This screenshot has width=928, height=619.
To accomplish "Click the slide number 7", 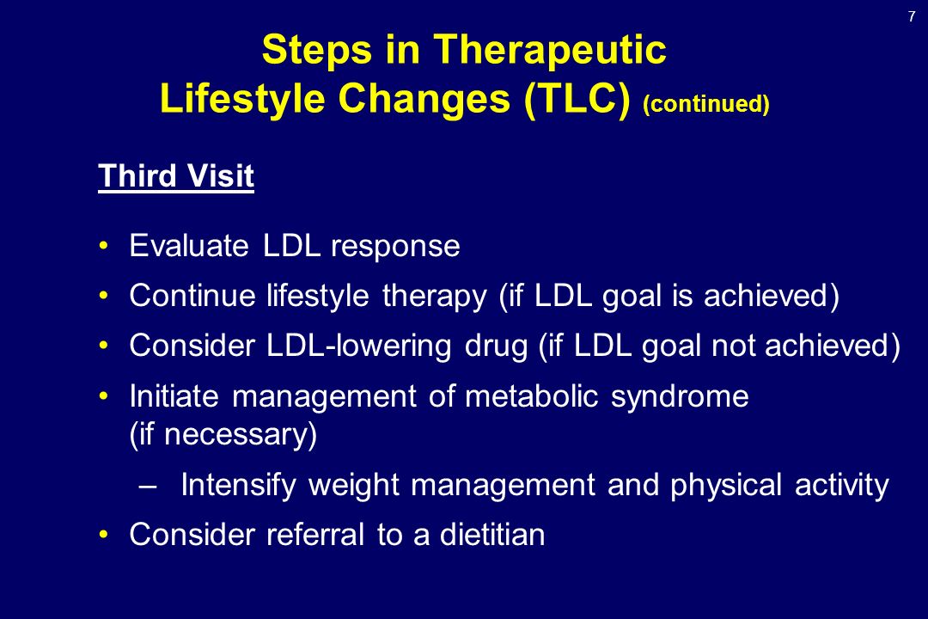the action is point(912,16).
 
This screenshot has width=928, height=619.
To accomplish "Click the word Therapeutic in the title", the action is point(551,51).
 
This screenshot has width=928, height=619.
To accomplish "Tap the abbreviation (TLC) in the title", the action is point(577,99).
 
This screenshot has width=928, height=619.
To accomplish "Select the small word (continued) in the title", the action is point(706,104).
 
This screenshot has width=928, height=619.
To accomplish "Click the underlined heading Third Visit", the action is point(176,176).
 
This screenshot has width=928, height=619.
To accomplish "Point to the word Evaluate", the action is point(189,245).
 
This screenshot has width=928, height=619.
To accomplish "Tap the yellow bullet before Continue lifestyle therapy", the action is point(104,295).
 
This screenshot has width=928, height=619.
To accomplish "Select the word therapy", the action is point(435,296).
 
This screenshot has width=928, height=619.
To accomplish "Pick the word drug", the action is point(496,346).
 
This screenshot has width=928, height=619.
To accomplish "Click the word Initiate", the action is point(174,395).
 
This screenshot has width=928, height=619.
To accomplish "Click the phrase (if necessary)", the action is point(223,435).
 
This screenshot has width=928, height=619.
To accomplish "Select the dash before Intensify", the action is point(147,487).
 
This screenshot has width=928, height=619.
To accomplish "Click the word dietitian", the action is point(492,534).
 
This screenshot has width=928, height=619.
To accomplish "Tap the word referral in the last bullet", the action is point(315,534).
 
